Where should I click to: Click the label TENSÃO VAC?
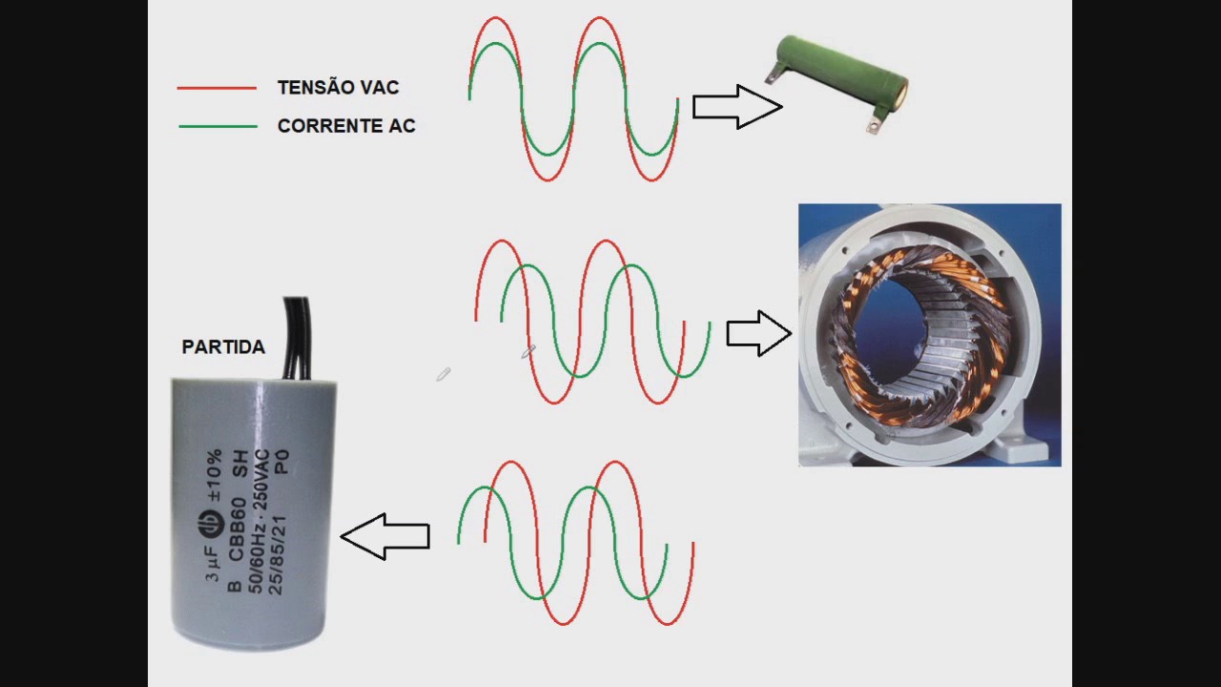tap(338, 88)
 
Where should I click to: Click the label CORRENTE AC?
tap(346, 126)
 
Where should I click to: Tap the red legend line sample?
tap(217, 88)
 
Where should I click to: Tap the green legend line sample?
tap(217, 126)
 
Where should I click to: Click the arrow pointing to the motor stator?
tap(758, 333)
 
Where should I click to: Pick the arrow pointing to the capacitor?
tap(385, 536)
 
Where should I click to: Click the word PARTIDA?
tap(223, 347)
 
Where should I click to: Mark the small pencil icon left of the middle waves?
tap(443, 375)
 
